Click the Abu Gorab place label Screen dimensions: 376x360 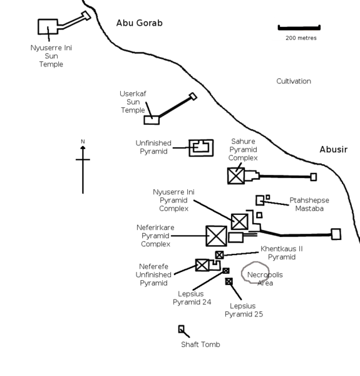(139, 23)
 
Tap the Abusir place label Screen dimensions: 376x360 (333, 150)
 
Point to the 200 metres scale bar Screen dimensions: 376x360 (299, 28)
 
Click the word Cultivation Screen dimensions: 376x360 (294, 81)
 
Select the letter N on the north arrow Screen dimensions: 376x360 (83, 141)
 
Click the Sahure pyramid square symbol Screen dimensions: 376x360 (236, 175)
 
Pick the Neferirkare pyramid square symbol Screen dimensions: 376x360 (216, 236)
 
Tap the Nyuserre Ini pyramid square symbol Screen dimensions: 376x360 (239, 221)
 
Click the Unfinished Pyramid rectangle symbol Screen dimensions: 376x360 (201, 148)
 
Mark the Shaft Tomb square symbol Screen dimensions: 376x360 (182, 329)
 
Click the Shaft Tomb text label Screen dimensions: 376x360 (200, 345)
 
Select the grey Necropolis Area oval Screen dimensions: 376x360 (256, 273)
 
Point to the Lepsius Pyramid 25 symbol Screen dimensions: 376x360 (229, 281)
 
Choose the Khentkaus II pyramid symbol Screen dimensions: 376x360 (219, 255)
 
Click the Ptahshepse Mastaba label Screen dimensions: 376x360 (309, 204)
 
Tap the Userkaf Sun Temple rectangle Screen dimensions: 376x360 (152, 120)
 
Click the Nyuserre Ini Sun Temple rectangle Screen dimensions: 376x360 (48, 27)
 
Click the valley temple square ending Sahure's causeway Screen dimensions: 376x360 (314, 177)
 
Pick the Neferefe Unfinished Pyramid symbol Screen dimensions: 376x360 (202, 264)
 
